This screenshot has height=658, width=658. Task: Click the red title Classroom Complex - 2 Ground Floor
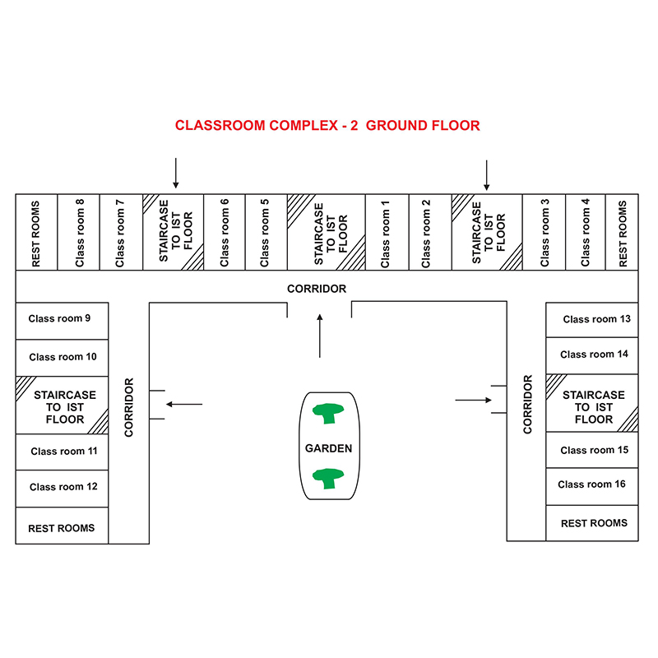click(327, 126)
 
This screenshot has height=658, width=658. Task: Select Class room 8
click(78, 232)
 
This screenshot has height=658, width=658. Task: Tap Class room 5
click(266, 232)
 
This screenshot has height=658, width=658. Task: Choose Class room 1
click(387, 232)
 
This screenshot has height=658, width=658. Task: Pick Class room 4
click(586, 232)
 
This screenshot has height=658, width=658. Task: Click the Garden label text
click(328, 448)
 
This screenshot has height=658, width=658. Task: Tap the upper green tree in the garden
click(328, 414)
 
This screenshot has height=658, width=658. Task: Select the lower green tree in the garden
click(328, 479)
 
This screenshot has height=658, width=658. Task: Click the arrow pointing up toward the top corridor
click(320, 336)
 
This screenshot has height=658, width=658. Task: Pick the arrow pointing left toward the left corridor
click(184, 404)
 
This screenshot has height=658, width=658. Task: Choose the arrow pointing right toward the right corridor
click(474, 400)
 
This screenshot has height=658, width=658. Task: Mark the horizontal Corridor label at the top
click(317, 289)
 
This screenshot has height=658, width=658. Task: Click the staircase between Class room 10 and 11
click(63, 405)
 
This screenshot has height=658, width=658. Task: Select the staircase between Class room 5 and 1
click(327, 232)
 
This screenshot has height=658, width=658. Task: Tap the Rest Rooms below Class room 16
click(591, 523)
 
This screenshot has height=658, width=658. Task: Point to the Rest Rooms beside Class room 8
click(36, 232)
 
